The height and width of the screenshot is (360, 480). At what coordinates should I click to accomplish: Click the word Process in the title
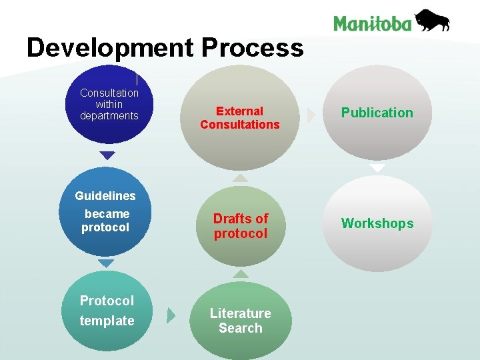(252, 48)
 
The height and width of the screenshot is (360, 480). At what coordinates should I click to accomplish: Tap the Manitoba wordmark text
(373, 24)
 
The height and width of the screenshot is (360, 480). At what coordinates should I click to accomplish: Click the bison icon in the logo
(432, 21)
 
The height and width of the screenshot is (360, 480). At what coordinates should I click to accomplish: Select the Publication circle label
(377, 113)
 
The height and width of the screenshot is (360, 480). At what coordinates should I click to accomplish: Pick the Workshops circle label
(377, 223)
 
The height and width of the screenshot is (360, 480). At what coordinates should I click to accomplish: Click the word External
(239, 111)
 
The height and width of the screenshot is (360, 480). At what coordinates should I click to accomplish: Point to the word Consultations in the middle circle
(239, 125)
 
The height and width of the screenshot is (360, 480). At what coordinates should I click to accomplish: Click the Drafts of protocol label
(240, 226)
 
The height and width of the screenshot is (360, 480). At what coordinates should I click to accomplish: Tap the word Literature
(240, 313)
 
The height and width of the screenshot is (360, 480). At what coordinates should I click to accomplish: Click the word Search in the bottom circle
(240, 328)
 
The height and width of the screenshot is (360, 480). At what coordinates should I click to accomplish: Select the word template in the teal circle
(107, 321)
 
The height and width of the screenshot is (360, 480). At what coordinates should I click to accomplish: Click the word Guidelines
(105, 196)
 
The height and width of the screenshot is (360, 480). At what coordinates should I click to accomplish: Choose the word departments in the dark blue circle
(109, 116)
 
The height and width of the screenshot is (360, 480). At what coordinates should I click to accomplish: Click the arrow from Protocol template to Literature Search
(171, 315)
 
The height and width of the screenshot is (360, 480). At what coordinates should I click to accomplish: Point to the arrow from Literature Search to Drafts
(240, 273)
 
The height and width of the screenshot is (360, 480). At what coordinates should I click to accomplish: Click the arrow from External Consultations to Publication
(311, 115)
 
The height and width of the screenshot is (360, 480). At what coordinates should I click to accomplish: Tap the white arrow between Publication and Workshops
(377, 169)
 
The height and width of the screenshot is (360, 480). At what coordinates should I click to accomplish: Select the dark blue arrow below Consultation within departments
(107, 155)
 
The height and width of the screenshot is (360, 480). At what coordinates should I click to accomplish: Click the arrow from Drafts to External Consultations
(240, 178)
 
